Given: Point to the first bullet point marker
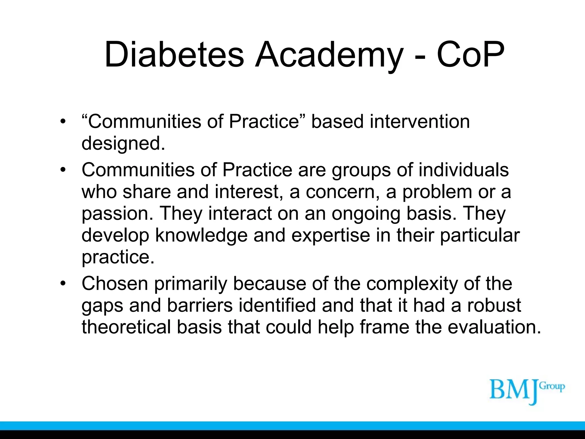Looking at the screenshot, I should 63,122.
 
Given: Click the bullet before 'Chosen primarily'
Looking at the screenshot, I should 63,284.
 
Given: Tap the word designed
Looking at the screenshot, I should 123,143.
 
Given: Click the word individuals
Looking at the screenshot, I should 464,170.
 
